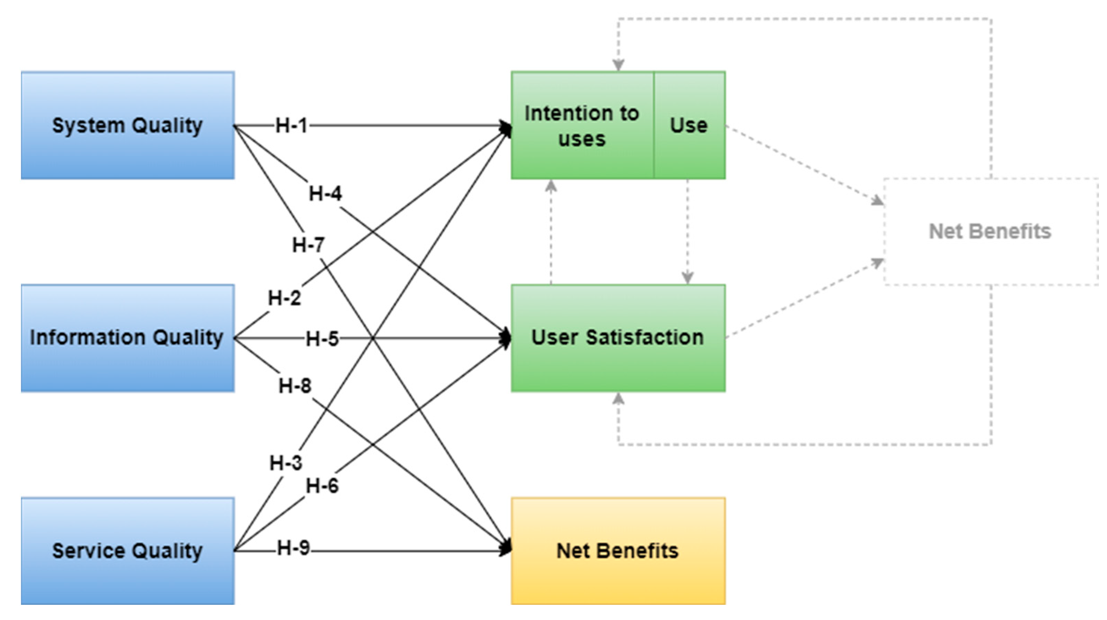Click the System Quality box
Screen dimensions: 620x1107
click(127, 125)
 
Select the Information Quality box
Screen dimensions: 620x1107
click(127, 338)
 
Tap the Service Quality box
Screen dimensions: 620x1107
click(127, 551)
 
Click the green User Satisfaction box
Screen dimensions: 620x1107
click(618, 338)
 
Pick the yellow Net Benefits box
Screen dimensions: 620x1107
click(618, 551)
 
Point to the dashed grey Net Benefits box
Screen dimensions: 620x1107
click(990, 231)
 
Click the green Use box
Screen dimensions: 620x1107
click(689, 125)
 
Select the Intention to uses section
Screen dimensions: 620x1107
click(582, 125)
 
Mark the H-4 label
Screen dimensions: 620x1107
click(325, 194)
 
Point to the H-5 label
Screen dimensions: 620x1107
click(322, 339)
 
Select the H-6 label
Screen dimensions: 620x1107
click(322, 486)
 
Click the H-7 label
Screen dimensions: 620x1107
click(308, 245)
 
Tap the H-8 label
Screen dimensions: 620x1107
click(295, 386)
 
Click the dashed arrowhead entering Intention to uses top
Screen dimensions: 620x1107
click(618, 65)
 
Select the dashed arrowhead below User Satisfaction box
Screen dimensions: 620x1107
click(618, 399)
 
